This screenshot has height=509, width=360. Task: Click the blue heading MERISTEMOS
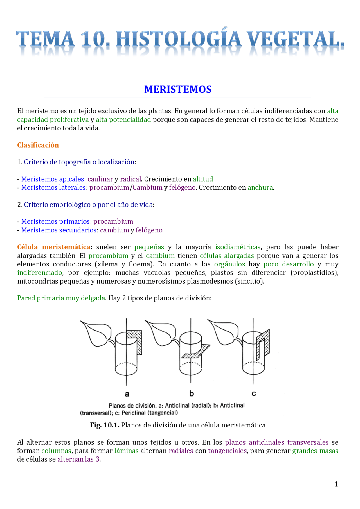click(x=178, y=89)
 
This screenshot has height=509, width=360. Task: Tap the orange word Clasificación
click(x=38, y=145)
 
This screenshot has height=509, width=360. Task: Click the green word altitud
click(x=203, y=179)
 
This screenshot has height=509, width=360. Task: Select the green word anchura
click(x=260, y=187)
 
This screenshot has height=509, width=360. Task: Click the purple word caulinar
click(x=100, y=179)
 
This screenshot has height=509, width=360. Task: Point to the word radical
click(x=130, y=179)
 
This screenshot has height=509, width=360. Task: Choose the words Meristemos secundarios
click(x=59, y=230)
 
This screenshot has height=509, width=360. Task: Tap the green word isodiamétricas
click(x=238, y=247)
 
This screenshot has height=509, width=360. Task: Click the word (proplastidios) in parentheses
click(x=314, y=273)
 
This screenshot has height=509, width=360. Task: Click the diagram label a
click(x=127, y=394)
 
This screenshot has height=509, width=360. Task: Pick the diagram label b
click(x=192, y=393)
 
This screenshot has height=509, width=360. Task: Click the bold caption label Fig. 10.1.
click(x=105, y=425)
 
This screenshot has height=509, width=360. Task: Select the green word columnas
click(x=56, y=451)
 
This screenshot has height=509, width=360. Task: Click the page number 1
click(x=336, y=484)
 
